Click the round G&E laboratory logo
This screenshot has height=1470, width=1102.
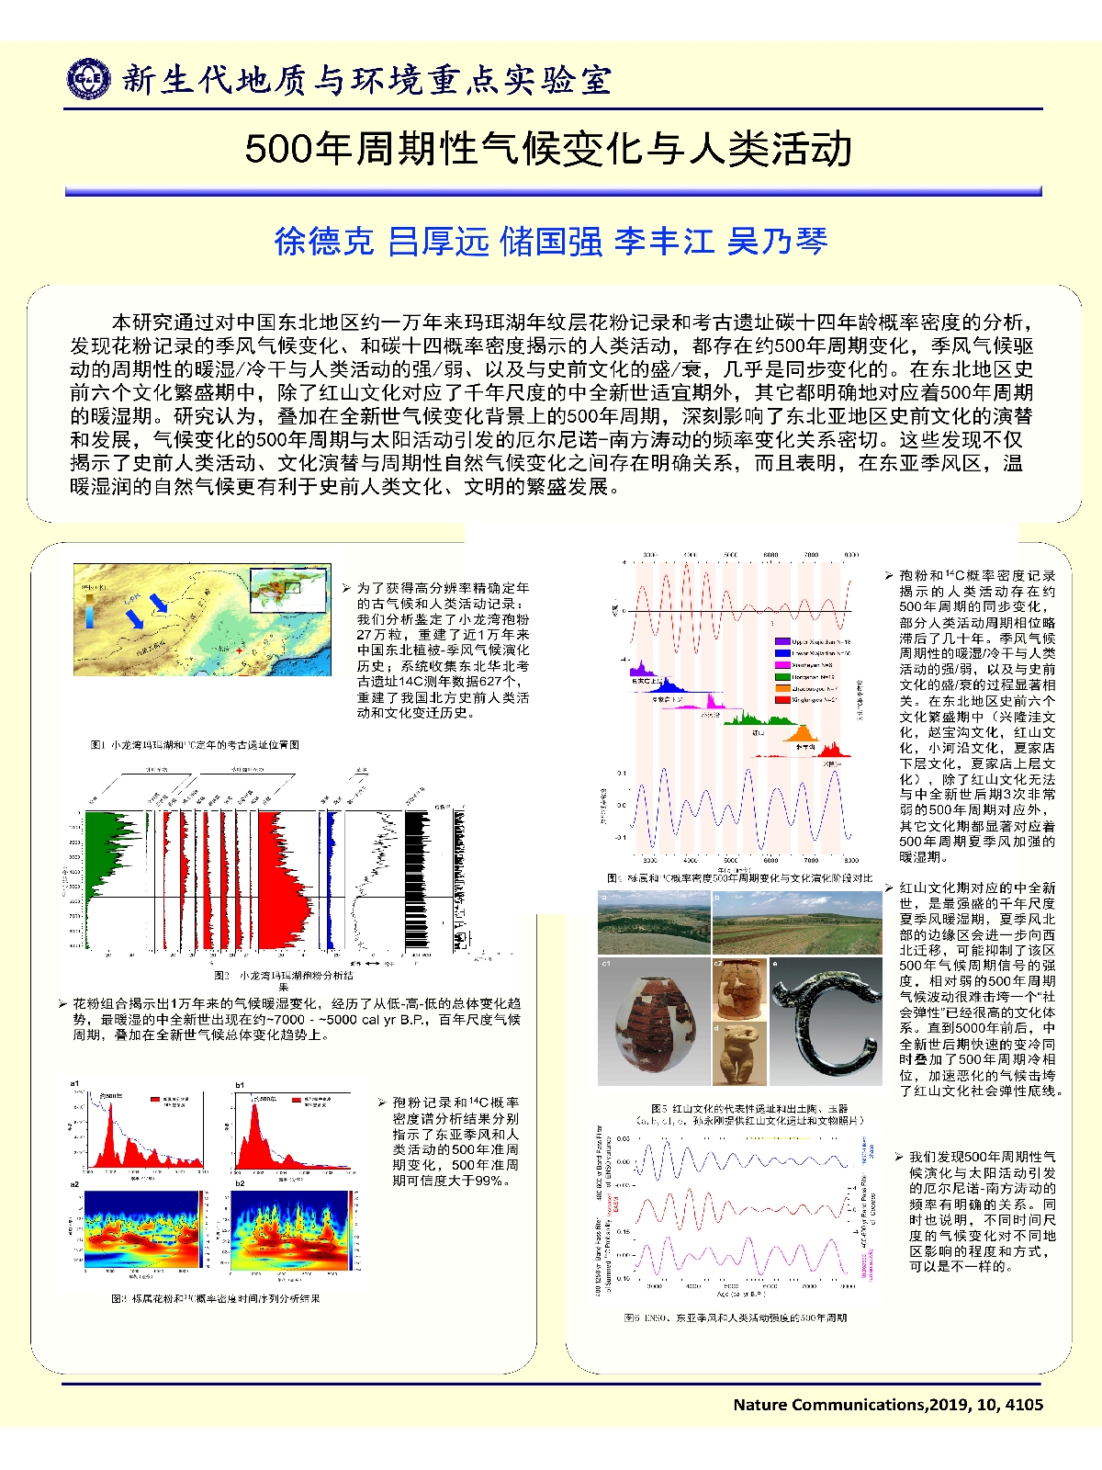(x=89, y=79)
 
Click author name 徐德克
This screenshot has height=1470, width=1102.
(x=324, y=241)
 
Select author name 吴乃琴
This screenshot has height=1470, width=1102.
(x=777, y=241)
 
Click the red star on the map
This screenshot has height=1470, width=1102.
(x=240, y=650)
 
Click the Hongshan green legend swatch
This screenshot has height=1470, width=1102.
(x=782, y=676)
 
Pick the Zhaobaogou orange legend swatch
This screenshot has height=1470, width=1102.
(x=782, y=687)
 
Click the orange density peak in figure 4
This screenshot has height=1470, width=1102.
(x=802, y=734)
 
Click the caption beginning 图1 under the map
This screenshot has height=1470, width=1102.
(x=195, y=744)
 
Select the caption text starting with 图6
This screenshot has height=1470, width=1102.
(x=735, y=1317)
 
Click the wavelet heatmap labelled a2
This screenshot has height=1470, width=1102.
(x=142, y=1229)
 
